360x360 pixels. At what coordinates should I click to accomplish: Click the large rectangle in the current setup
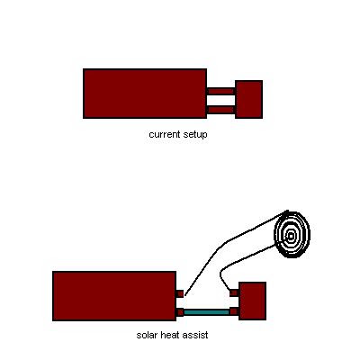click(145, 94)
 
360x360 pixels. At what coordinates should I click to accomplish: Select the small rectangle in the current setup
click(249, 99)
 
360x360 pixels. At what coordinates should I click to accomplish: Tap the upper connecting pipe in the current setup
click(221, 91)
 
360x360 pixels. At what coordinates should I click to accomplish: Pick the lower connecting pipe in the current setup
click(221, 110)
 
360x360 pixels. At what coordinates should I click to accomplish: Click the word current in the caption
click(164, 134)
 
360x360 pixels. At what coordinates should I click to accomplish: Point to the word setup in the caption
click(194, 135)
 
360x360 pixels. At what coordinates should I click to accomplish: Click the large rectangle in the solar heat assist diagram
click(114, 296)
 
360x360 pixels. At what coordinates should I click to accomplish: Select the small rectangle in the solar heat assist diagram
click(253, 301)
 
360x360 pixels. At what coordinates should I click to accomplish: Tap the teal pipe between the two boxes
click(206, 312)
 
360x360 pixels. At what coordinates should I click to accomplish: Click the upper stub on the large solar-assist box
click(180, 293)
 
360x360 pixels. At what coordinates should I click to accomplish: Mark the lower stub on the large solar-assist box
click(180, 312)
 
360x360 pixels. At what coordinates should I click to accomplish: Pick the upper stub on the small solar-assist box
click(234, 292)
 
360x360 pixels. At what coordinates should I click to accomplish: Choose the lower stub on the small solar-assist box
click(234, 311)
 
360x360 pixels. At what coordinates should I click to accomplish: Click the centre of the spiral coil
click(291, 236)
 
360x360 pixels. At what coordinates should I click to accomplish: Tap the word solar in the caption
click(147, 335)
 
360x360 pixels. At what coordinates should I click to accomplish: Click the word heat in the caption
click(170, 335)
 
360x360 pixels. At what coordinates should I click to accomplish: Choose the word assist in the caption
click(195, 335)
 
